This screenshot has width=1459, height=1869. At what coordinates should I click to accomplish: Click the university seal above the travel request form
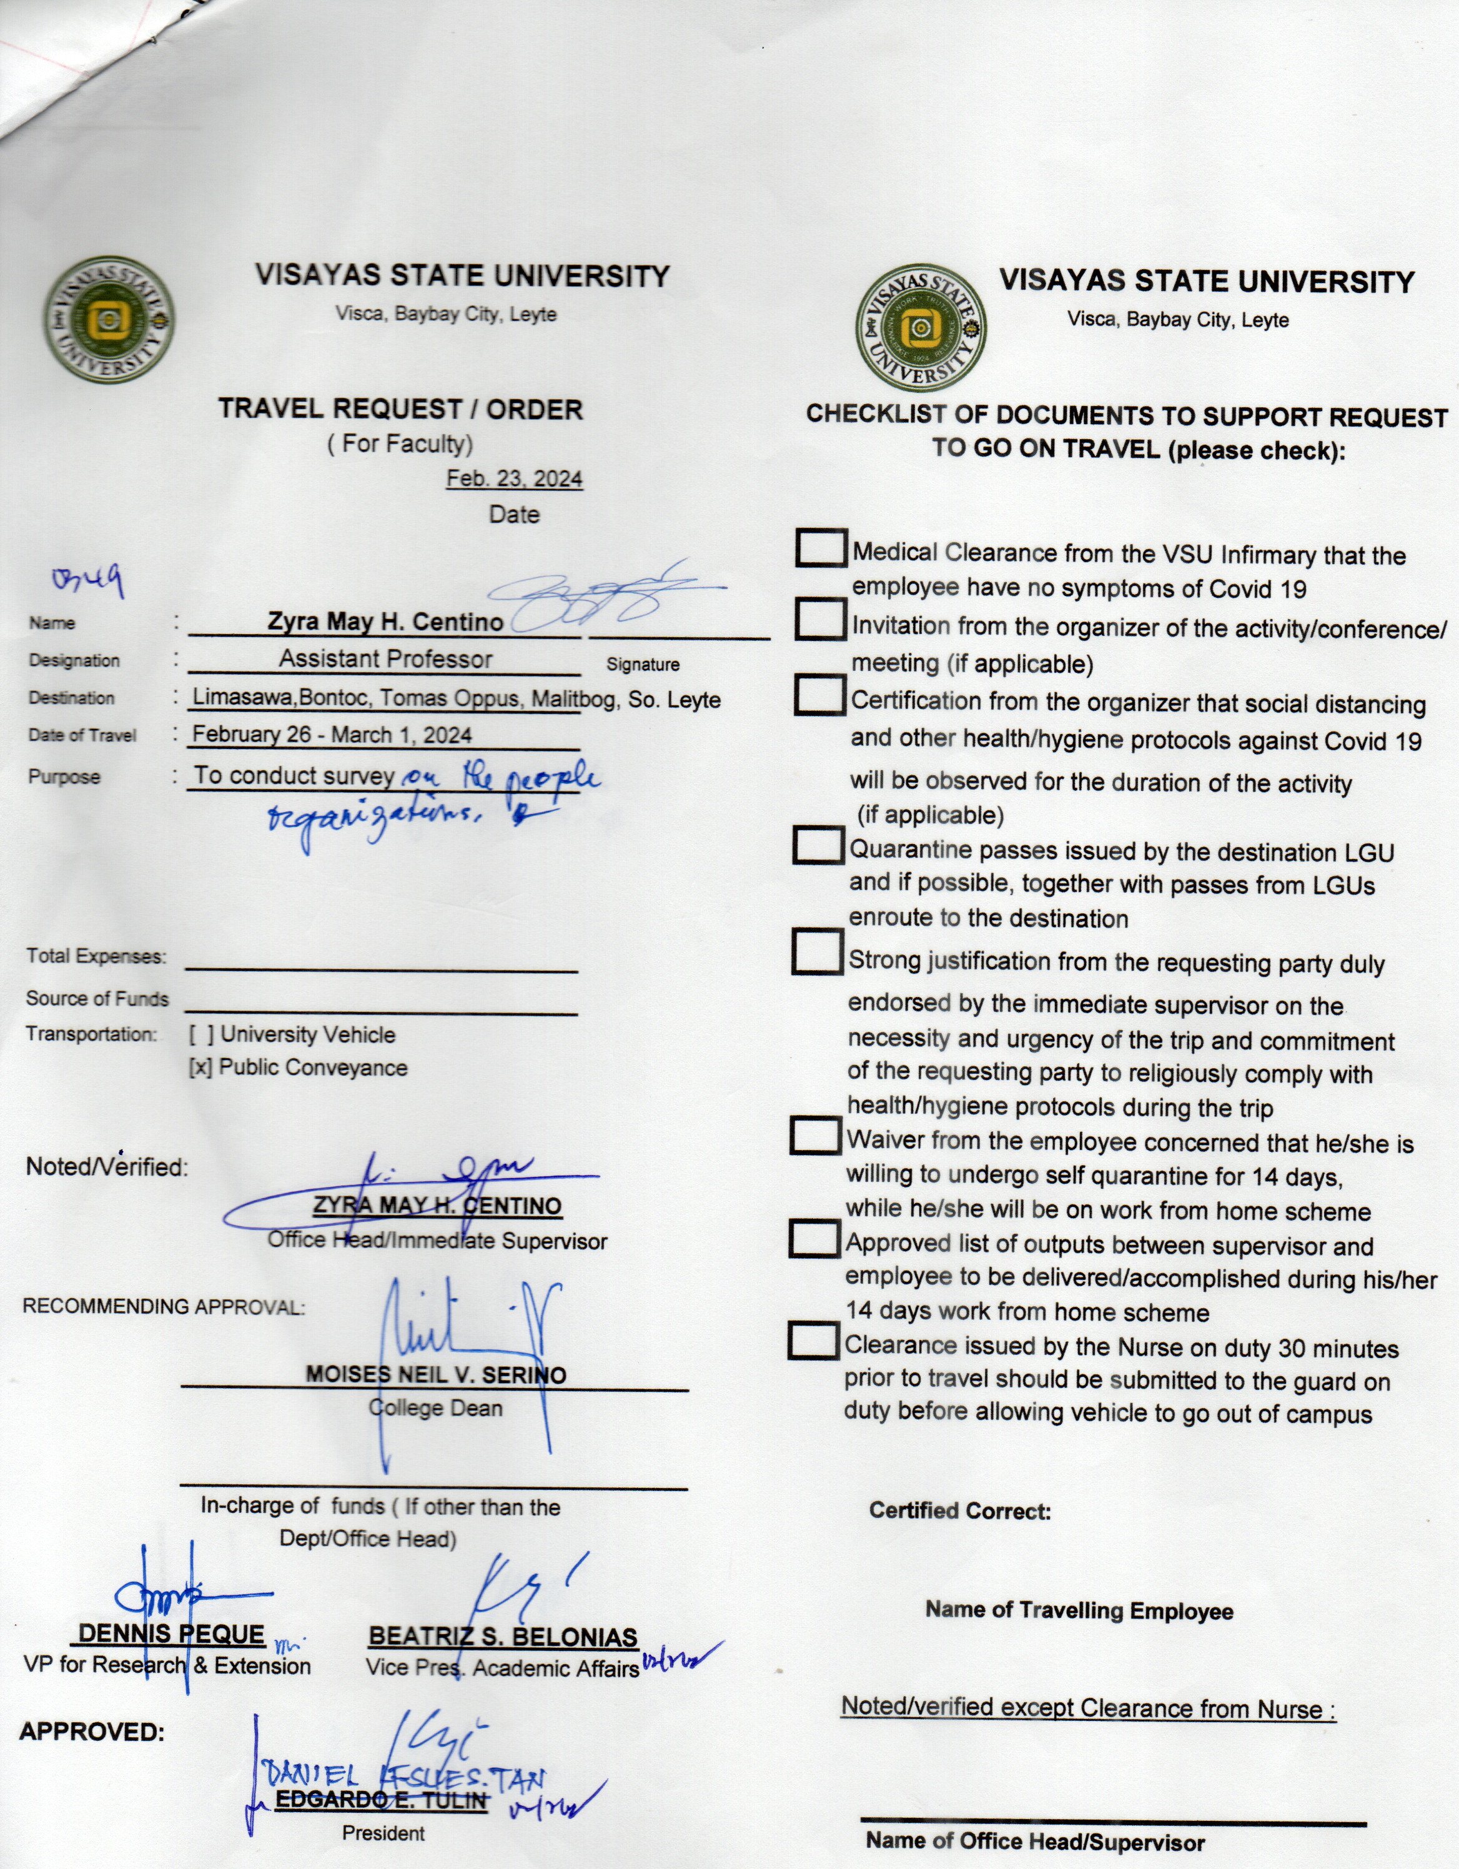pyautogui.click(x=111, y=320)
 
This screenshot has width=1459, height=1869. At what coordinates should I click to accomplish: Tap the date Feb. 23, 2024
pyautogui.click(x=514, y=478)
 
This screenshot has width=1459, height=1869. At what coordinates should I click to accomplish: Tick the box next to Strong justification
pyautogui.click(x=816, y=951)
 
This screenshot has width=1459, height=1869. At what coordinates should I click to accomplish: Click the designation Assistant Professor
pyautogui.click(x=385, y=659)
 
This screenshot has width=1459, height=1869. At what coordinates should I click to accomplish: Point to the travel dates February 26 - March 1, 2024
pyautogui.click(x=332, y=735)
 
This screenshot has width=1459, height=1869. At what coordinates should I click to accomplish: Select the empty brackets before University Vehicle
pyautogui.click(x=201, y=1034)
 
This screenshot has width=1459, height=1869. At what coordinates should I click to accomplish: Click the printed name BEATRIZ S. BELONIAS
pyautogui.click(x=503, y=1637)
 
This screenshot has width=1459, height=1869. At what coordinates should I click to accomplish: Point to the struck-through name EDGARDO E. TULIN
pyautogui.click(x=381, y=1800)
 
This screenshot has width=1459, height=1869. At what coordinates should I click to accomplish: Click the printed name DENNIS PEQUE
pyautogui.click(x=171, y=1635)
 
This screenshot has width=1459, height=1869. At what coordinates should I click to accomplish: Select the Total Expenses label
pyautogui.click(x=96, y=956)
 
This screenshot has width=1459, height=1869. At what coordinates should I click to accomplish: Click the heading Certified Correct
pyautogui.click(x=960, y=1511)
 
